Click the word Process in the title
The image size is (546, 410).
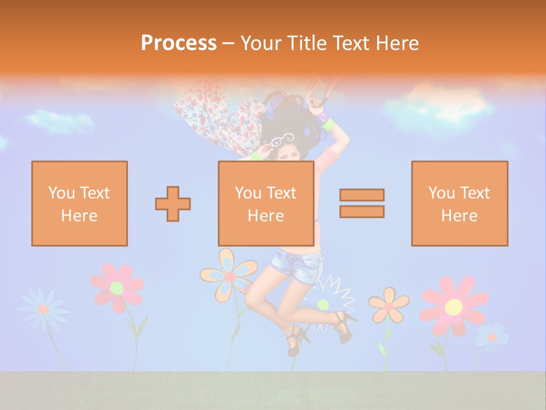click(x=179, y=43)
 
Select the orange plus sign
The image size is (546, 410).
click(x=173, y=204)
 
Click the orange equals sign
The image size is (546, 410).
click(x=362, y=203)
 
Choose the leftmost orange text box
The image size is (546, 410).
click(x=80, y=203)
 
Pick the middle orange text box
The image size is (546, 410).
click(x=266, y=203)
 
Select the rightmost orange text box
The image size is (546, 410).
click(x=460, y=203)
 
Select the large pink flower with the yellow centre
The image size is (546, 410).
click(x=453, y=306)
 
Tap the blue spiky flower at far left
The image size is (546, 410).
click(x=43, y=308)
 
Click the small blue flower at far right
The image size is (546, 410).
click(x=491, y=337)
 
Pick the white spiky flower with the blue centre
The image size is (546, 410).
click(x=324, y=302)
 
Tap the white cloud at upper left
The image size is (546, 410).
click(x=60, y=121)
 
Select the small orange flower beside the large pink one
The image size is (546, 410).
click(x=388, y=305)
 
